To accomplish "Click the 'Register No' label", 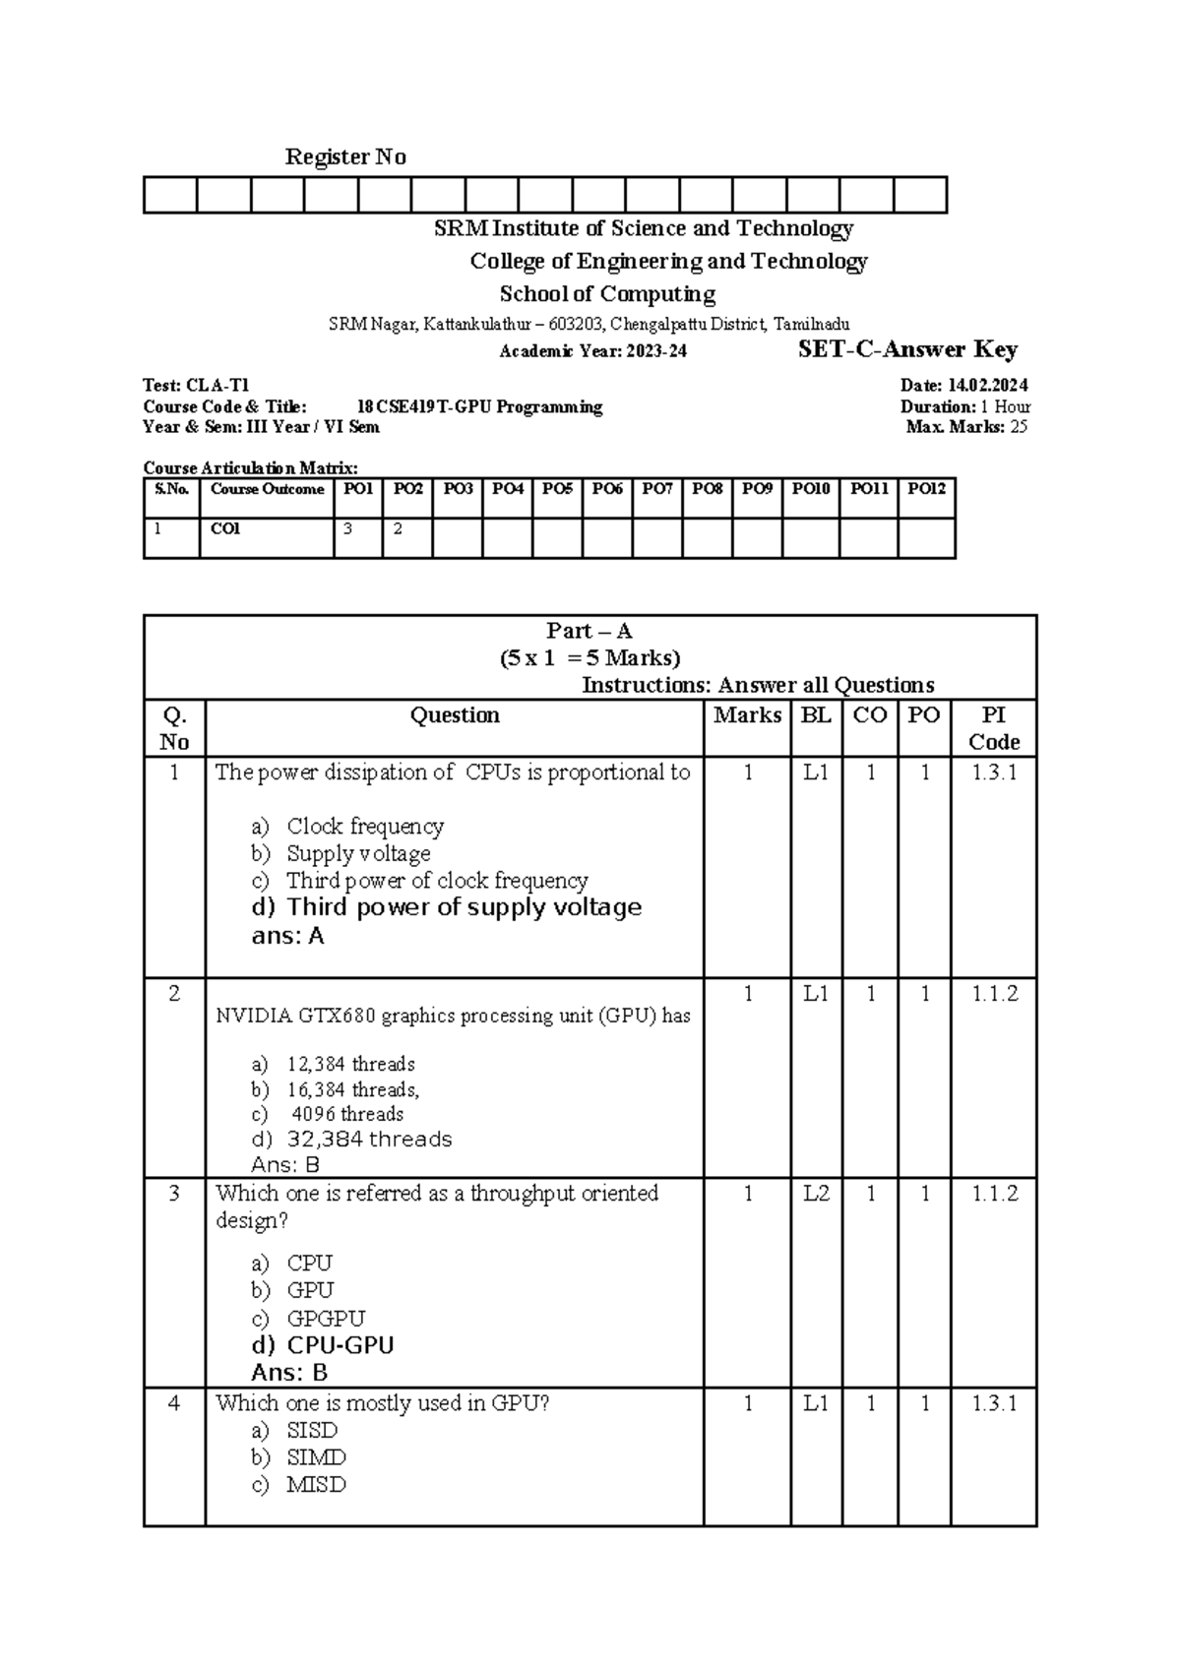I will pos(344,157).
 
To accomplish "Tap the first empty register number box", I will pos(170,195).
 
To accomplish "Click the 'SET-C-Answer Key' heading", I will pos(907,349).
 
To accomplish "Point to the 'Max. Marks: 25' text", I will pos(966,427).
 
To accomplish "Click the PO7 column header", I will pos(657,489).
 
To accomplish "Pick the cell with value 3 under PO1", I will pos(348,529).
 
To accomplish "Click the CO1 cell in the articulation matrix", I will pos(225,529).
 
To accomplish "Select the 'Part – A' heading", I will pos(590,632).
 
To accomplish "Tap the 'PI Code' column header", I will pos(993,728).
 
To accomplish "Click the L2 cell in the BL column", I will pos(816,1194).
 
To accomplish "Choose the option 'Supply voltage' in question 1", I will pos(358,853).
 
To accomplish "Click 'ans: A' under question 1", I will pos(287,936).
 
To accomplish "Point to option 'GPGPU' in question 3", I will pos(326,1318).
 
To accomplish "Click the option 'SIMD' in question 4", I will pos(316,1457).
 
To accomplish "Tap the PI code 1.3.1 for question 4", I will pos(993,1404).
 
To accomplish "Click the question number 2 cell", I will pos(174,994).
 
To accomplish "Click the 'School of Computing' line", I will pos(607,294).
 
